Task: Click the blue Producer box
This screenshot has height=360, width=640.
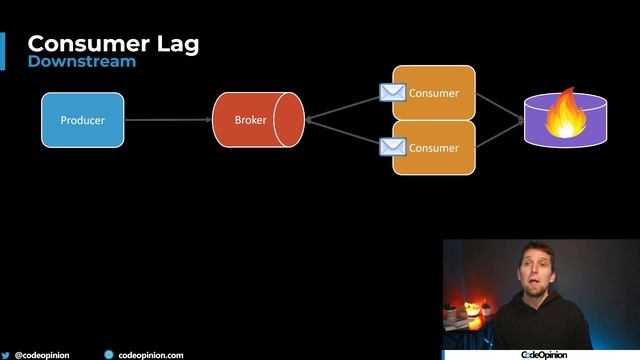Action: pos(82,120)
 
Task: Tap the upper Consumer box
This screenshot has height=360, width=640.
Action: pos(434,93)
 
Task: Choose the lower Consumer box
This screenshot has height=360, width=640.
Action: pos(434,148)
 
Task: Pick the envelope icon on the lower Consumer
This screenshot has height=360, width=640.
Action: pos(392,148)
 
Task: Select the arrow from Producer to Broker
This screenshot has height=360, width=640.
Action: pos(168,120)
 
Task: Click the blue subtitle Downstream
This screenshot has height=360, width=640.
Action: pos(82,62)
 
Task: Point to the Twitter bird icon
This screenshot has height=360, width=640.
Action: pos(6,354)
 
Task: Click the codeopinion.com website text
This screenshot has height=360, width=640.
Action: pos(151,354)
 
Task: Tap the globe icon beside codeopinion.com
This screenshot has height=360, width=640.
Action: pos(109,354)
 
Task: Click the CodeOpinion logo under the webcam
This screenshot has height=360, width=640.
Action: pos(544,354)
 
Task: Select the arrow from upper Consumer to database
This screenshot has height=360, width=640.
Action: pos(499,105)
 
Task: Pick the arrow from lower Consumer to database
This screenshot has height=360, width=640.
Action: pos(499,134)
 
